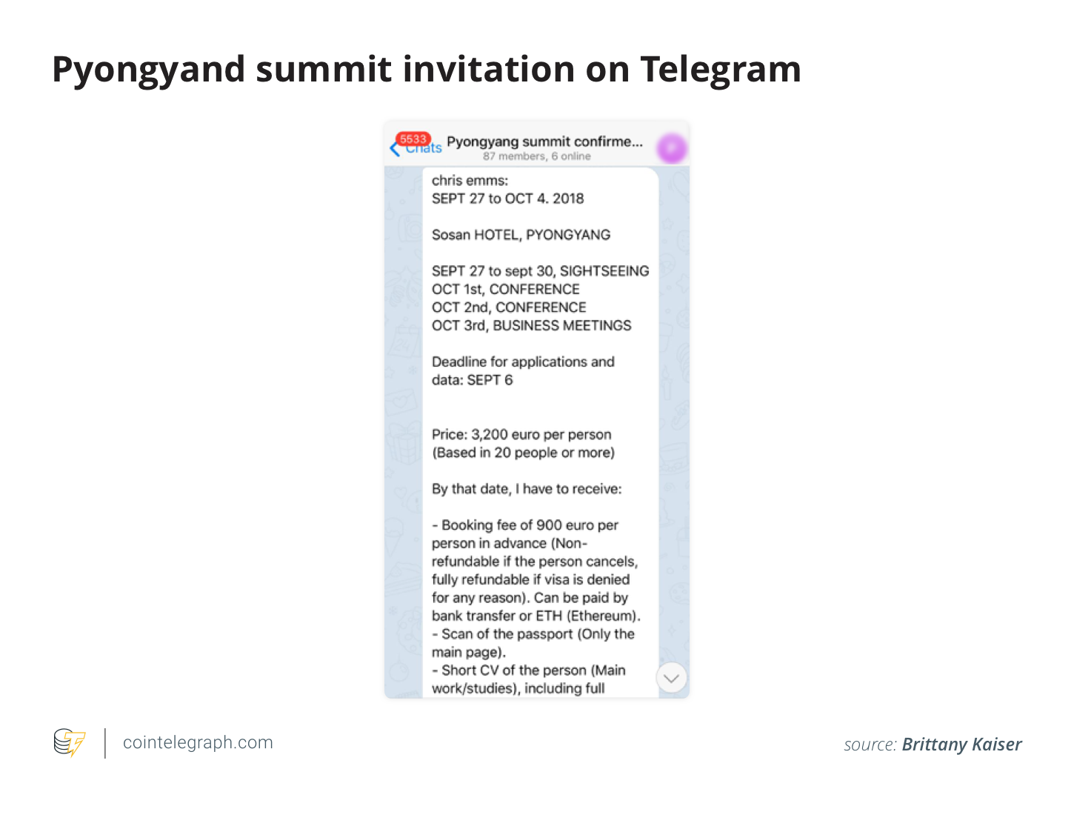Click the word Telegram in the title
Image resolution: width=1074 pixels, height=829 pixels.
point(721,70)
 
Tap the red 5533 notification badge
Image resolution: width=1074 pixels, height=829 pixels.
point(413,139)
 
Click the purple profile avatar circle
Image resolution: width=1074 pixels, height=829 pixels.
point(672,148)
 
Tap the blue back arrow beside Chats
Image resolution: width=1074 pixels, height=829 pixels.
point(395,149)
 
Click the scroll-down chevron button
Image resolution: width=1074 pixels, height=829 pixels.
point(670,678)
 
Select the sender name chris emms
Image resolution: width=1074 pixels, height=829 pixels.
point(470,181)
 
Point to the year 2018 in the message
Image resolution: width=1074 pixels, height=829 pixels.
point(568,199)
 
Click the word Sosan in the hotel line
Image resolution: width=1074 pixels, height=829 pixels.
point(451,235)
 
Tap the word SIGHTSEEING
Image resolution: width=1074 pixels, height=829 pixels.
point(604,271)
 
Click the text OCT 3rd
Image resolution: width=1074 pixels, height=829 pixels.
point(458,325)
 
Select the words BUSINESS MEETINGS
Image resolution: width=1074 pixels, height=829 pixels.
point(562,325)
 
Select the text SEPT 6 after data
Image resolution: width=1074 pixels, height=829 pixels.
point(490,380)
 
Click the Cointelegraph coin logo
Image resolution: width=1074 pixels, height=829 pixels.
point(69,742)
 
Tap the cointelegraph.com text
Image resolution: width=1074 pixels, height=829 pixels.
point(198,742)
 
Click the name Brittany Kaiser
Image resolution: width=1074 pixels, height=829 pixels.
point(962,745)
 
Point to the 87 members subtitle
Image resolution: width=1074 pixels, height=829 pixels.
point(537,156)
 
